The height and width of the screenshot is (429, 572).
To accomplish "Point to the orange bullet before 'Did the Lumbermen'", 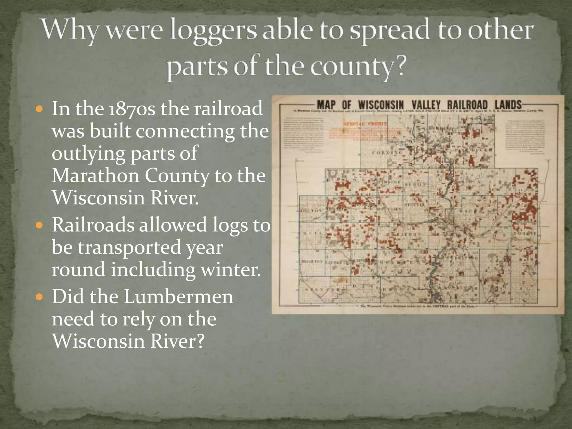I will (x=40, y=297).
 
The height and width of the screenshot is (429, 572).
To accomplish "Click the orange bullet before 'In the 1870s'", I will (x=40, y=109).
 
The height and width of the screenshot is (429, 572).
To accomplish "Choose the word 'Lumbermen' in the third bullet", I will (x=178, y=297).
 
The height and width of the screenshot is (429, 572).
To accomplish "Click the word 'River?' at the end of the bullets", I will (x=178, y=341).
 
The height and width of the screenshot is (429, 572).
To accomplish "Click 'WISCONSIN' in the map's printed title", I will (x=381, y=105).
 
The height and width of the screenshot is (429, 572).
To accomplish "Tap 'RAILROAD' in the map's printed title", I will (x=467, y=105).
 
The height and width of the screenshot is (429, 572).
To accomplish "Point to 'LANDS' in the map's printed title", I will (x=508, y=105).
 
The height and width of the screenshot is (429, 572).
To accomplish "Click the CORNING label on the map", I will (x=388, y=153).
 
